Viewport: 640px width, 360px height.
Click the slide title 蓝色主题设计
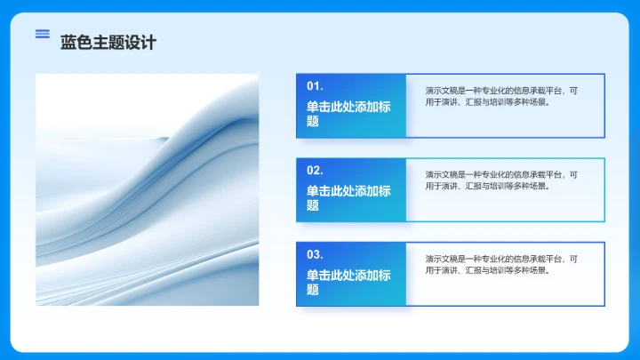[x=108, y=42]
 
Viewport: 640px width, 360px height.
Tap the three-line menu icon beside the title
[x=42, y=34]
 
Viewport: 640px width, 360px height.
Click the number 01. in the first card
[x=315, y=86]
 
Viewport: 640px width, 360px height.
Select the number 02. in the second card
[x=315, y=170]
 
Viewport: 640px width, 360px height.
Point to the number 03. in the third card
[x=315, y=254]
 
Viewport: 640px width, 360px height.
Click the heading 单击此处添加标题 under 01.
[x=348, y=114]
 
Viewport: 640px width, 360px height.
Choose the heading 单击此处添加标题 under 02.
[x=348, y=197]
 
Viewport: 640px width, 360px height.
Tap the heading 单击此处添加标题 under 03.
[x=348, y=282]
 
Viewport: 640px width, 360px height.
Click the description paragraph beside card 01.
[x=501, y=96]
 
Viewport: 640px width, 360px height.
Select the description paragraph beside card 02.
[x=501, y=180]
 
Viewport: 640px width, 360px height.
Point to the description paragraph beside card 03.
[x=501, y=264]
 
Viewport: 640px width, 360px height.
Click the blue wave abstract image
[x=148, y=189]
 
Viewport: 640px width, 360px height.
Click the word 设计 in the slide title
[x=140, y=42]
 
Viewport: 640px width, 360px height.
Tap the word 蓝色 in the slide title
[x=76, y=42]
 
